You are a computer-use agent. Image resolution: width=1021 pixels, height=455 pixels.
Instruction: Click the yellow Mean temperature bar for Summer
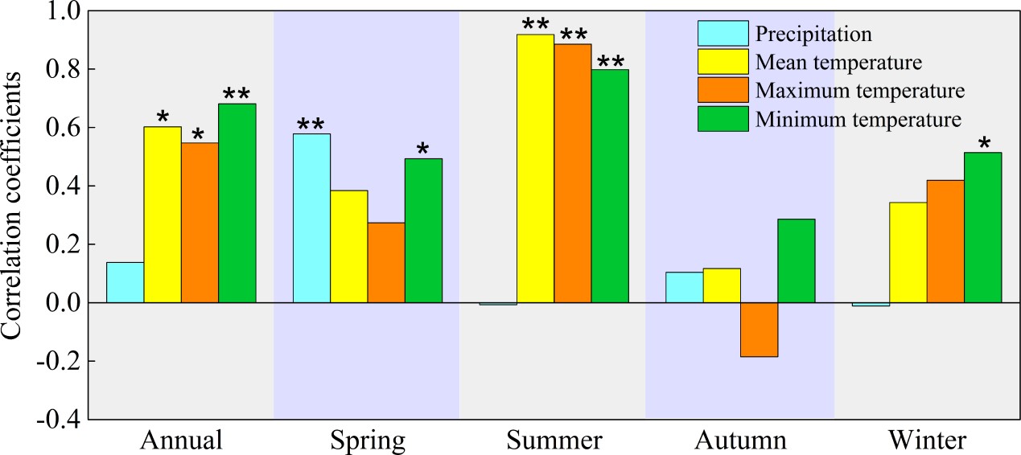coord(535,169)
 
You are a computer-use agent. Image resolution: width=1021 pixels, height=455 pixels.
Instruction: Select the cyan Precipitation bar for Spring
coord(311,218)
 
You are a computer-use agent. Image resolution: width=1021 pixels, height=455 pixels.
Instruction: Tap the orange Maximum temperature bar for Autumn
coord(759,330)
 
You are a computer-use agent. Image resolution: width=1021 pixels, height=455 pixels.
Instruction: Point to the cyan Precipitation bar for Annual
coord(125,282)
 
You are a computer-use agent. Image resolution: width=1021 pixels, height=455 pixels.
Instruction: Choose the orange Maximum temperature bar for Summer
coord(572,174)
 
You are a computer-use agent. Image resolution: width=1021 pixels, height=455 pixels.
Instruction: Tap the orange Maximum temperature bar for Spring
coord(386,262)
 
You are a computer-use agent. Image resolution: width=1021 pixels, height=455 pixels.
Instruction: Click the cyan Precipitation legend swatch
coord(722,34)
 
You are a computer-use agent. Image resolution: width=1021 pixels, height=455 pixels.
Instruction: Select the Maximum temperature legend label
coord(860,90)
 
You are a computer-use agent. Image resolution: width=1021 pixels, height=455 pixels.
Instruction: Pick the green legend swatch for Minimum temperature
coord(722,119)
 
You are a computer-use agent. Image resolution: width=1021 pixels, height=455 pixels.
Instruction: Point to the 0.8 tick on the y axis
coord(84,69)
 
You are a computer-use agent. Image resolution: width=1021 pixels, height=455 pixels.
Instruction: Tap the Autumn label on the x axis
coord(740,441)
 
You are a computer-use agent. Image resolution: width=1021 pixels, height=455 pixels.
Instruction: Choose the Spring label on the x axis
coord(368,441)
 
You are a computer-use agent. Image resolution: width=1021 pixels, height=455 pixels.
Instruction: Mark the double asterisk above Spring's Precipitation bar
coord(311,125)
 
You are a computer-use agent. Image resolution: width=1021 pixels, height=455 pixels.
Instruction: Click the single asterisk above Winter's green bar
coord(983,145)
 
